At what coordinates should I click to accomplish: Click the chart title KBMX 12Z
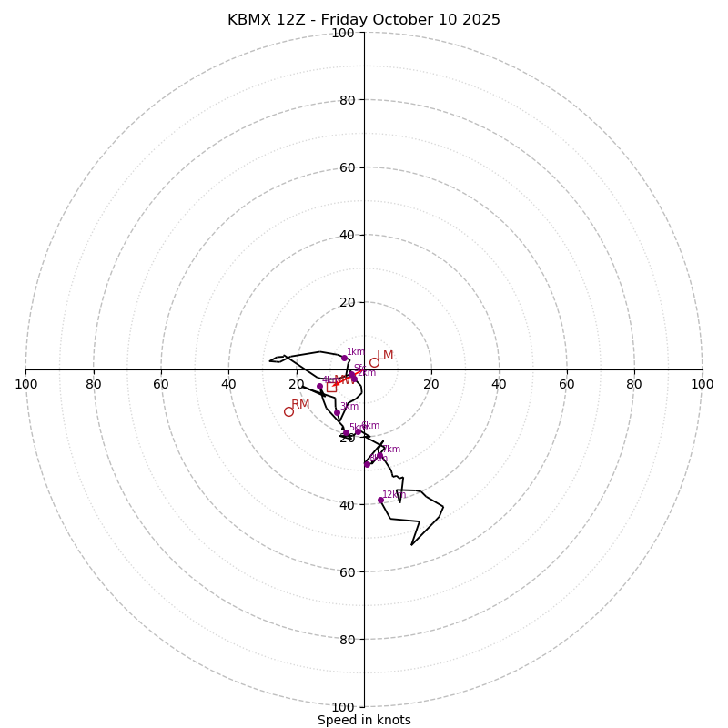[x=364, y=20]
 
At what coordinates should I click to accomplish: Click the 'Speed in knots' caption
[x=364, y=720]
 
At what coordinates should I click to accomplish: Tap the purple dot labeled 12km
[x=380, y=500]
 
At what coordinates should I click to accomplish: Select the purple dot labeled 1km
[x=344, y=358]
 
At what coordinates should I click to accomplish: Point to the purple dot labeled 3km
[x=337, y=413]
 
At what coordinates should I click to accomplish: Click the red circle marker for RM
[x=288, y=411]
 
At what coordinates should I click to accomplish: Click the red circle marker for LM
[x=374, y=362]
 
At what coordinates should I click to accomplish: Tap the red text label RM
[x=300, y=404]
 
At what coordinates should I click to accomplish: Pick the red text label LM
[x=385, y=355]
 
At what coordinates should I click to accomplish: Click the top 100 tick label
[x=343, y=33]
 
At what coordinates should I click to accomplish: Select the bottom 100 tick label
[x=343, y=706]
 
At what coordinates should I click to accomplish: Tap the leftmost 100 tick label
[x=25, y=384]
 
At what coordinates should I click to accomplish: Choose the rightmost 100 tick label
[x=703, y=384]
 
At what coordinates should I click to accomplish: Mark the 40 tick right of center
[x=499, y=384]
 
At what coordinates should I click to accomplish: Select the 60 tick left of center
[x=161, y=384]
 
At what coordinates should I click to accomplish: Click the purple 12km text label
[x=394, y=494]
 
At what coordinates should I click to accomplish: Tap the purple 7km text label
[x=390, y=449]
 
